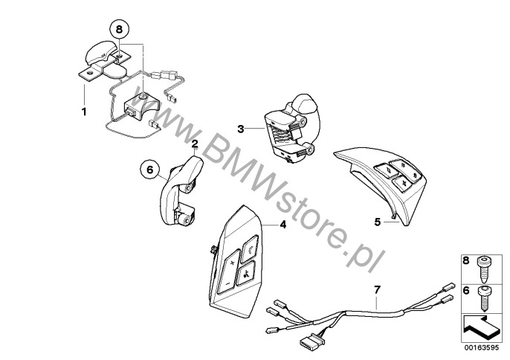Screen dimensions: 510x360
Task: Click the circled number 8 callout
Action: [x=119, y=29]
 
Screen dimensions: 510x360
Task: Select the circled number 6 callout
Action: [x=150, y=170]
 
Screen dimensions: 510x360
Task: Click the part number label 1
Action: [x=84, y=112]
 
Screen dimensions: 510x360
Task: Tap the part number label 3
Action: [x=240, y=129]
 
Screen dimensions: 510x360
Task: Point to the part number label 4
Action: [x=283, y=225]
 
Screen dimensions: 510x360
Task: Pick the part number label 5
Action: [x=378, y=222]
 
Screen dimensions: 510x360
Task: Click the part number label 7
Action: [x=377, y=289]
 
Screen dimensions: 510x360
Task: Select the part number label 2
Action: [x=195, y=144]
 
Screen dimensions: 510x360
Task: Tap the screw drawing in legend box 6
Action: [x=485, y=298]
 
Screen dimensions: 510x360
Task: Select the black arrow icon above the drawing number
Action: [x=480, y=328]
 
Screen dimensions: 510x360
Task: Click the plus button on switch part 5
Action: [x=404, y=183]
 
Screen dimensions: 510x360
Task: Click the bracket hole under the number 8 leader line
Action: [x=119, y=57]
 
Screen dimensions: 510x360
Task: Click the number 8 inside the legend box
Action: [x=466, y=260]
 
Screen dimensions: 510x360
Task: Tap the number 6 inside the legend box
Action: [x=466, y=290]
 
